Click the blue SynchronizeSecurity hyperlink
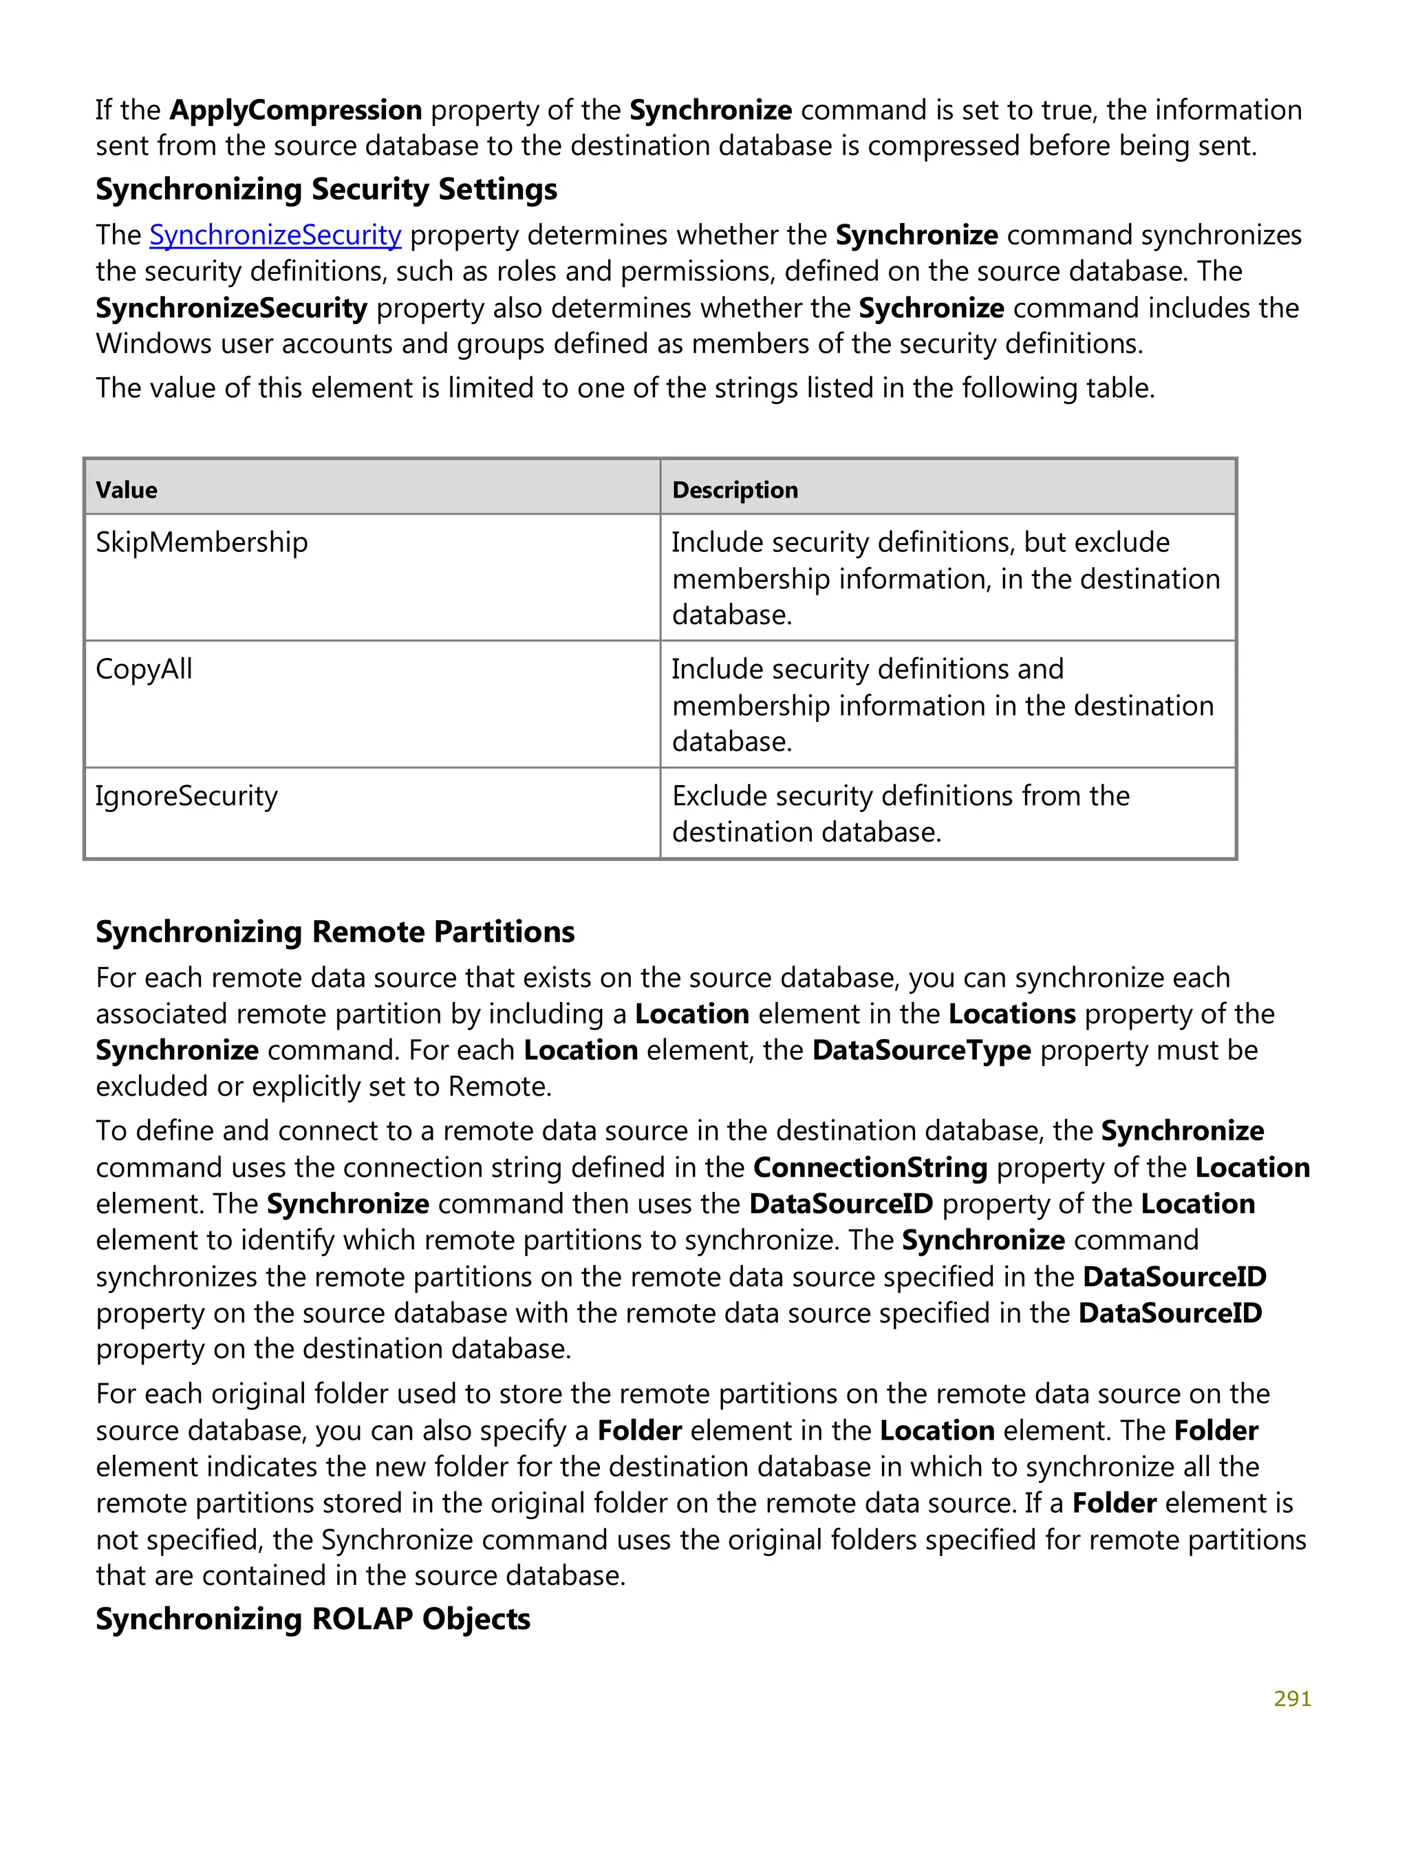tap(275, 235)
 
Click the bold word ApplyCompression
tap(295, 110)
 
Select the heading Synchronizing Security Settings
tap(326, 189)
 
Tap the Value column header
tap(127, 490)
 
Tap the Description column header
tap(734, 490)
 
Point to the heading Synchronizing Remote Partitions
tap(335, 932)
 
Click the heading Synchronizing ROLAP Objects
tap(313, 1619)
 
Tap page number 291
tap(1292, 1698)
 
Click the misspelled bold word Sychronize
tap(931, 308)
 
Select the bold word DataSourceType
tap(921, 1051)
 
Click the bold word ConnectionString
tap(870, 1168)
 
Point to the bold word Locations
tap(1011, 1014)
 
